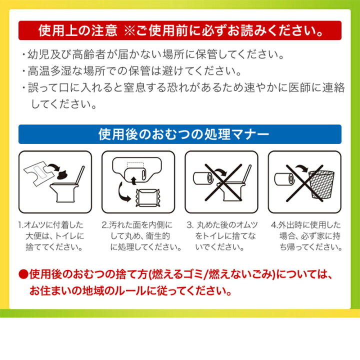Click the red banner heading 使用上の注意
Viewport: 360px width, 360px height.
pyautogui.click(x=180, y=30)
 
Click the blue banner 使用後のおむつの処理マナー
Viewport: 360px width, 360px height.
pyautogui.click(x=180, y=134)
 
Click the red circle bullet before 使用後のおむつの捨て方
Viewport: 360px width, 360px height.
pyautogui.click(x=23, y=274)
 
